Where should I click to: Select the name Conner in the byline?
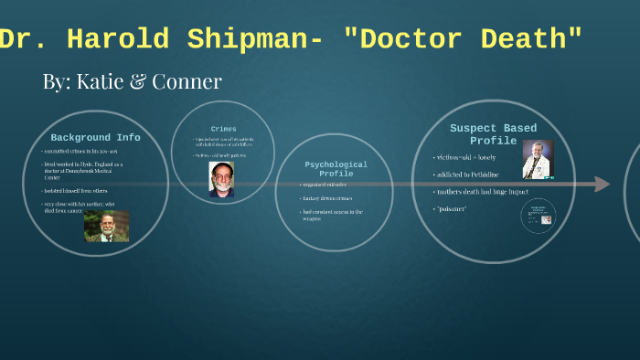pyautogui.click(x=187, y=81)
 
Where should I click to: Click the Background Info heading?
pyautogui.click(x=95, y=138)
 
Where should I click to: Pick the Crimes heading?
pyautogui.click(x=223, y=129)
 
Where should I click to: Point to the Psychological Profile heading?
pyautogui.click(x=336, y=169)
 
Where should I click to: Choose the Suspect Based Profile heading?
pyautogui.click(x=493, y=134)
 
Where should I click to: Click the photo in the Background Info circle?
pyautogui.click(x=106, y=226)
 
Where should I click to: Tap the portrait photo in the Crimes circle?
pyautogui.click(x=221, y=179)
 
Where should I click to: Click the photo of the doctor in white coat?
pyautogui.click(x=538, y=160)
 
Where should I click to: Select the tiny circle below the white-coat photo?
pyautogui.click(x=537, y=216)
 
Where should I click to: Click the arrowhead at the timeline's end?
pyautogui.click(x=601, y=185)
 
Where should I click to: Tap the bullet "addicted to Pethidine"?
pyautogui.click(x=470, y=175)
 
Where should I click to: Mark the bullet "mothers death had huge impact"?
pyautogui.click(x=484, y=192)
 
